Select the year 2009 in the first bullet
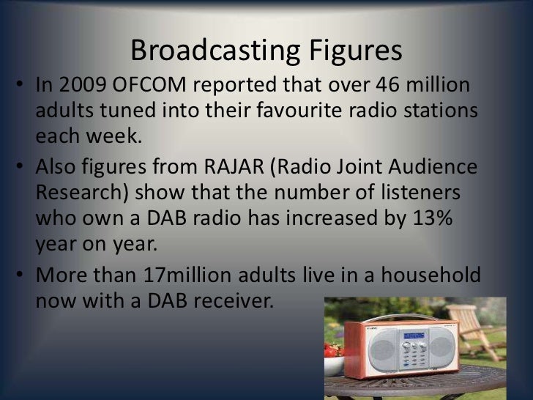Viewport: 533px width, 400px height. (78, 88)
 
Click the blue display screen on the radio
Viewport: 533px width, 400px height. (414, 336)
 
